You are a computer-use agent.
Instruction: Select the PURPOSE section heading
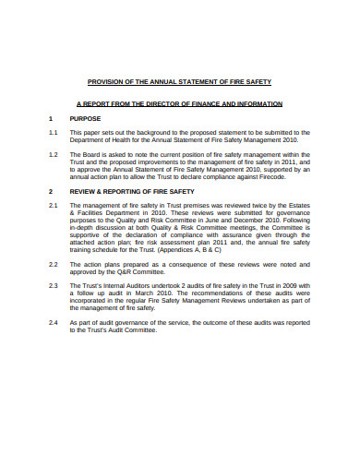pos(85,119)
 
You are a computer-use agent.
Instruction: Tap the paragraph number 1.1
pos(53,132)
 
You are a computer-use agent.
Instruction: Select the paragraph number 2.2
pos(53,263)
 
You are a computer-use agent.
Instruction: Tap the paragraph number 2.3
pos(53,284)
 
